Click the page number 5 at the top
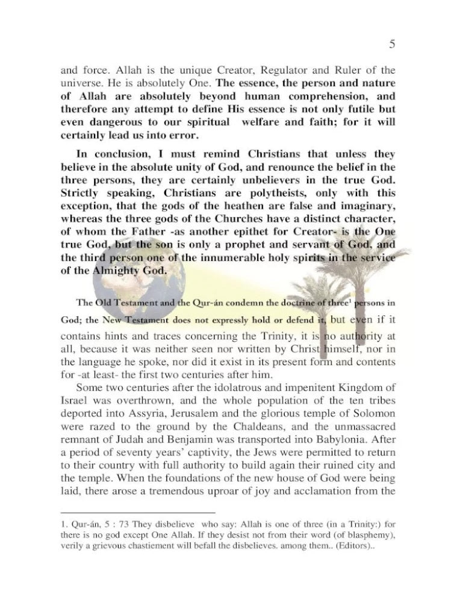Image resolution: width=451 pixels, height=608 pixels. pos(392,44)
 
